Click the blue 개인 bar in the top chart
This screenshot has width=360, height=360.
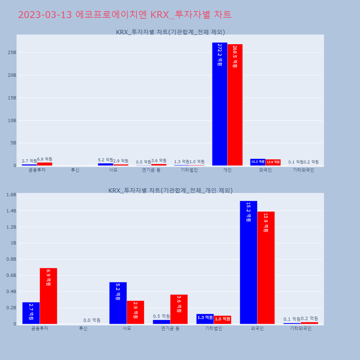point(220,104)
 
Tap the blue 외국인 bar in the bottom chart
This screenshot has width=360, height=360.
point(248,263)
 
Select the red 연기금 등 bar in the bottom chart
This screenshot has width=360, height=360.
point(179,309)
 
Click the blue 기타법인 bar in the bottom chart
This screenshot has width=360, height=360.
point(205,319)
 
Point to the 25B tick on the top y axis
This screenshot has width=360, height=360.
point(12,53)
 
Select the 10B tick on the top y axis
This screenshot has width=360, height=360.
point(12,121)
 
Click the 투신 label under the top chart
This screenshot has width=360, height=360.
point(75,170)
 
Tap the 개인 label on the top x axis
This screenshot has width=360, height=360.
point(227,170)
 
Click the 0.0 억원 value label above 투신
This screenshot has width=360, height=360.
point(92,320)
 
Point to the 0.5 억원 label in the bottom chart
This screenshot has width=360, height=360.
point(161,316)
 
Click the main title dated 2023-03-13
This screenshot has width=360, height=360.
point(125,15)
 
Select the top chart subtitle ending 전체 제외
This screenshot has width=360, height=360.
point(170,32)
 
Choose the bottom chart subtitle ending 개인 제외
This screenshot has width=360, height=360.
point(170,190)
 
